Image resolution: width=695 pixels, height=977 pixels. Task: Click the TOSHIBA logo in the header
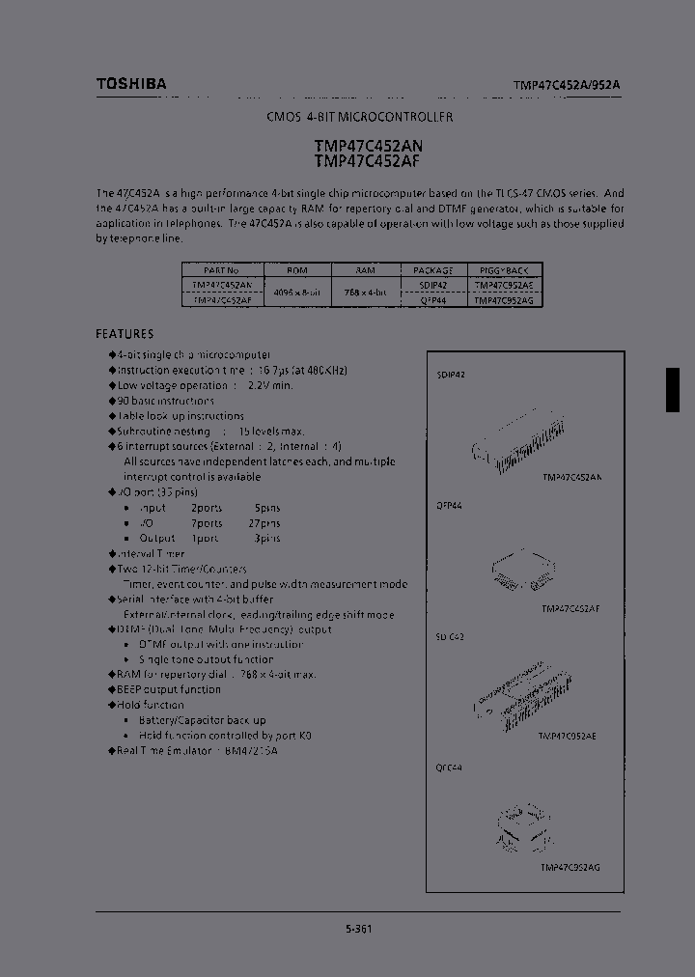tap(131, 84)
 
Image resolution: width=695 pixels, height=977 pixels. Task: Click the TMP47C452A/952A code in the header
tap(567, 85)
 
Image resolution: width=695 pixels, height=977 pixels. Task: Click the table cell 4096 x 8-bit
tap(296, 293)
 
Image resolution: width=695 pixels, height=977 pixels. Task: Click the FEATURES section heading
tap(125, 334)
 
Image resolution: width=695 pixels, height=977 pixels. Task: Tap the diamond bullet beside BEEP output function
tap(112, 689)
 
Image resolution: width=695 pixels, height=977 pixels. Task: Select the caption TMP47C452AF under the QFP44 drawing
tap(571, 609)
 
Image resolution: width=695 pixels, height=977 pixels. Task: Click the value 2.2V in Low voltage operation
tap(252, 385)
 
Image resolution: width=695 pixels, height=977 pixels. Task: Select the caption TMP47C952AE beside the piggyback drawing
tap(568, 735)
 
